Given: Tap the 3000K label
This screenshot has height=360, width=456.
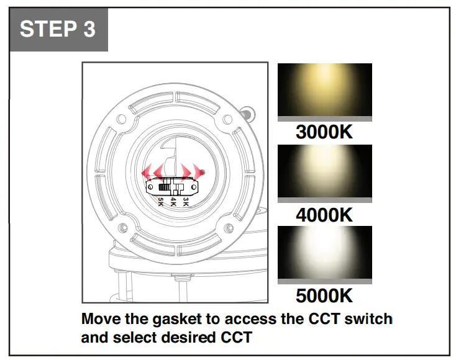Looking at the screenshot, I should [324, 133].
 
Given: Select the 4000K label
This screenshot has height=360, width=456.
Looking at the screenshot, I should [324, 215].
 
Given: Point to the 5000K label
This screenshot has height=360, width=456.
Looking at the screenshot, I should [324, 295].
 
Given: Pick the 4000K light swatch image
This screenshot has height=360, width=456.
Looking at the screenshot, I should [324, 173].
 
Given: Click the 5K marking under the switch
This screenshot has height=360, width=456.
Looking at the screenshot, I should [160, 202].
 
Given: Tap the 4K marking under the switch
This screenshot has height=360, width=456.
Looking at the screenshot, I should [173, 202].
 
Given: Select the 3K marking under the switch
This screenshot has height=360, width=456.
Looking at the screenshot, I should [185, 202].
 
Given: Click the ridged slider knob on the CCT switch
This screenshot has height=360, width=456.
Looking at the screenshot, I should [164, 186].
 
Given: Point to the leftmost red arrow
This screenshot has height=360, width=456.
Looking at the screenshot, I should [147, 172].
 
